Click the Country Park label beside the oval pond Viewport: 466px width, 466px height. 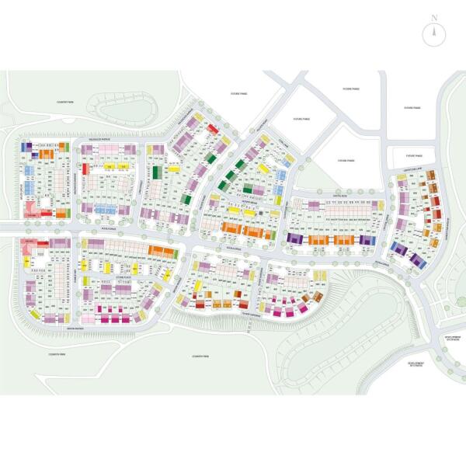(x=64, y=103)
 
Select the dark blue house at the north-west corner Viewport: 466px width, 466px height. (x=26, y=146)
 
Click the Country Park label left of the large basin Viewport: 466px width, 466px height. (x=201, y=356)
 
